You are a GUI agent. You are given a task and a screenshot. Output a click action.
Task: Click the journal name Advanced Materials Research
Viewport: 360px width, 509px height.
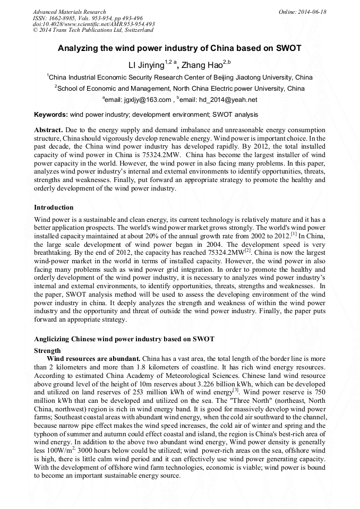(69, 12)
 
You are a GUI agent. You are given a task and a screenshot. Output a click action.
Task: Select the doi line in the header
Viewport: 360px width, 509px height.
(93, 24)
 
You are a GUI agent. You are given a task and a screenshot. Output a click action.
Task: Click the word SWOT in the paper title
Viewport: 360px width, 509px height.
(287, 48)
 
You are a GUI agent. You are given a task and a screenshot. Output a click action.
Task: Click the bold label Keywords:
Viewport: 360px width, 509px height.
(51, 115)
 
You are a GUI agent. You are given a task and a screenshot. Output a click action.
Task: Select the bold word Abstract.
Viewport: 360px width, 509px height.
(48, 130)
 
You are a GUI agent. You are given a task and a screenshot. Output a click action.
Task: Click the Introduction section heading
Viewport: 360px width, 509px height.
(54, 207)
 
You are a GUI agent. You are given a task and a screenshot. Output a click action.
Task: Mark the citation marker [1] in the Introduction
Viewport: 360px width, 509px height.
(294, 233)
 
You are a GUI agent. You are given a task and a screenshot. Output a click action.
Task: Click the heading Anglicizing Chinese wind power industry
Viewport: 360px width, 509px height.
(124, 339)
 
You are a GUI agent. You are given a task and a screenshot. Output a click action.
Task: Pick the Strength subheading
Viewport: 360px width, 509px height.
(47, 351)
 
